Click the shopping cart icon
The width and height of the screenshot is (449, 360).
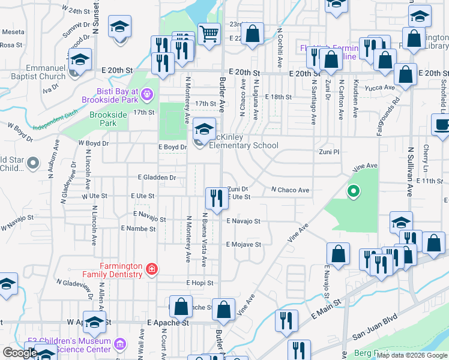209,34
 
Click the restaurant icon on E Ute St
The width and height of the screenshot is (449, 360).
216,198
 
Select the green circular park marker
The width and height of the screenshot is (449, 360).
354,191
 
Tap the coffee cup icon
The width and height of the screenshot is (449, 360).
441,125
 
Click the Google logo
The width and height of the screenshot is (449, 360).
20,352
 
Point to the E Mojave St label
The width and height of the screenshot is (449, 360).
244,244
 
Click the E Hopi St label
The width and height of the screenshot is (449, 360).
200,282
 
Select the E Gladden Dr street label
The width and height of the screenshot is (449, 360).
157,178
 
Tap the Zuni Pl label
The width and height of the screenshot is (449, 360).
329,152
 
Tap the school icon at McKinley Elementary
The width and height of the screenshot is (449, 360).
204,128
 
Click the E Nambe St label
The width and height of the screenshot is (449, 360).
138,229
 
